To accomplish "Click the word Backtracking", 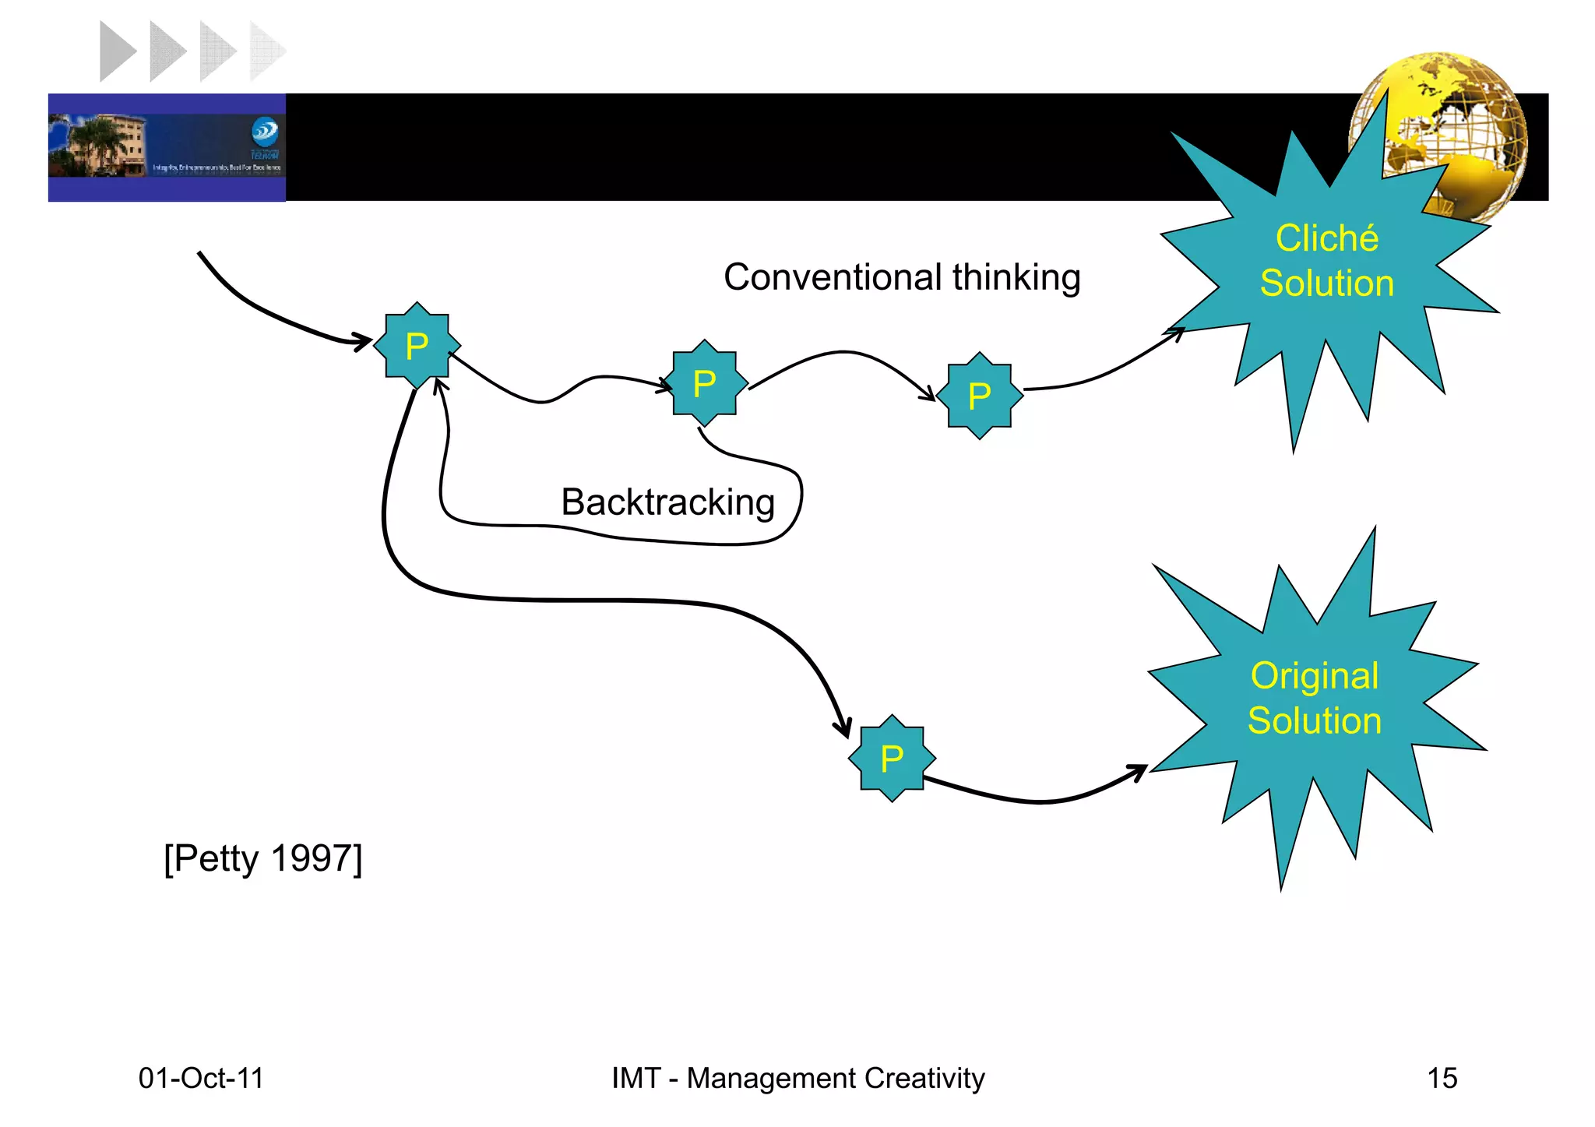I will pyautogui.click(x=667, y=502).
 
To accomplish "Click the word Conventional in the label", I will pyautogui.click(x=833, y=277).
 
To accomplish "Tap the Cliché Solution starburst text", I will pyautogui.click(x=1326, y=260).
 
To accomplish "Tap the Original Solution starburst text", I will pyautogui.click(x=1314, y=698).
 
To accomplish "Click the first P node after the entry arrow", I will pyautogui.click(x=417, y=345).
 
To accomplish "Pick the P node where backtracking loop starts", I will pyautogui.click(x=705, y=383).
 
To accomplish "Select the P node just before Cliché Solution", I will pyautogui.click(x=979, y=396).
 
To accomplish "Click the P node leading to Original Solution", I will pyautogui.click(x=892, y=758).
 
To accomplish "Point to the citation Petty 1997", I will pyautogui.click(x=263, y=858).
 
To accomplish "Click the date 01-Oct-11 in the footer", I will pyautogui.click(x=201, y=1078).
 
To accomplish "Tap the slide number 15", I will pyautogui.click(x=1442, y=1078).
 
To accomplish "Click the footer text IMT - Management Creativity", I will pyautogui.click(x=797, y=1078).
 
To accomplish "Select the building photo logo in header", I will pyautogui.click(x=167, y=146).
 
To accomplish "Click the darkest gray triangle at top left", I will pyautogui.click(x=117, y=51).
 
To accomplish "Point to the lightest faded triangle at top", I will pyautogui.click(x=266, y=51).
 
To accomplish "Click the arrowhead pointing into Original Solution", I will pyautogui.click(x=1139, y=771).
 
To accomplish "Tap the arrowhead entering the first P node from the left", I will pyautogui.click(x=363, y=341).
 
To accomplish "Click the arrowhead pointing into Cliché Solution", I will pyautogui.click(x=1177, y=333).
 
